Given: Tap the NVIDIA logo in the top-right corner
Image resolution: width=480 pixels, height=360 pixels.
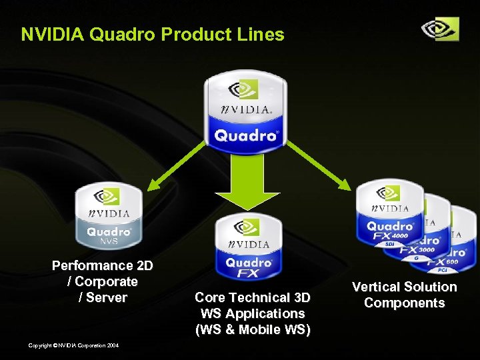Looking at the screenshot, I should point(440,29).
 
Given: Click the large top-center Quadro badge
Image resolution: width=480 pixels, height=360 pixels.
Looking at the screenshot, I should point(245,110).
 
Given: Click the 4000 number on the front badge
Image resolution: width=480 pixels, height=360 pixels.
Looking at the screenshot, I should point(401,236).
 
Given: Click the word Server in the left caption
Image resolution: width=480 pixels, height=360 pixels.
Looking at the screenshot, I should point(107,297).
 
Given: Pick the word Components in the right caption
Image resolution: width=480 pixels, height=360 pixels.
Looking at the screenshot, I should point(404,303).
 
